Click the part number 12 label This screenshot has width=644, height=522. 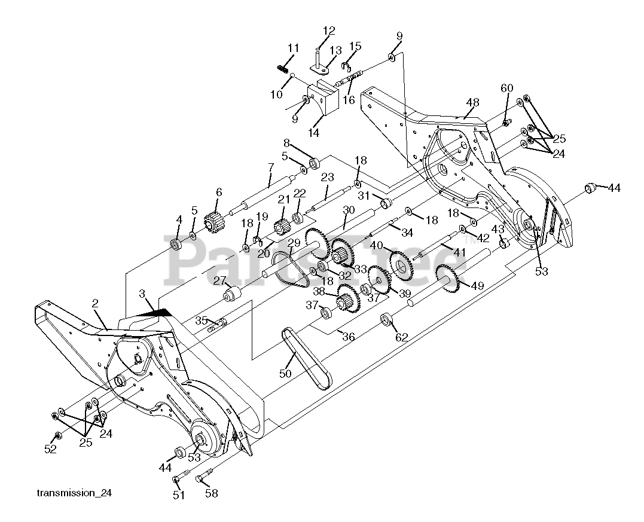coord(329,30)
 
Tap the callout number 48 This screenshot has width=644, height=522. coord(472,103)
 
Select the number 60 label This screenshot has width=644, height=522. coord(506,88)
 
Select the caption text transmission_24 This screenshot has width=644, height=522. coord(74,493)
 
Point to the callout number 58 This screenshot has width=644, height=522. coord(211,493)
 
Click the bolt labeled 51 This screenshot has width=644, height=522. coord(177,480)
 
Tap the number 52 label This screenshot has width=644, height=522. coord(51,449)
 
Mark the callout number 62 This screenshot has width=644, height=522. coord(401,337)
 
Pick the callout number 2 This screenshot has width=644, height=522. coord(95,303)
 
